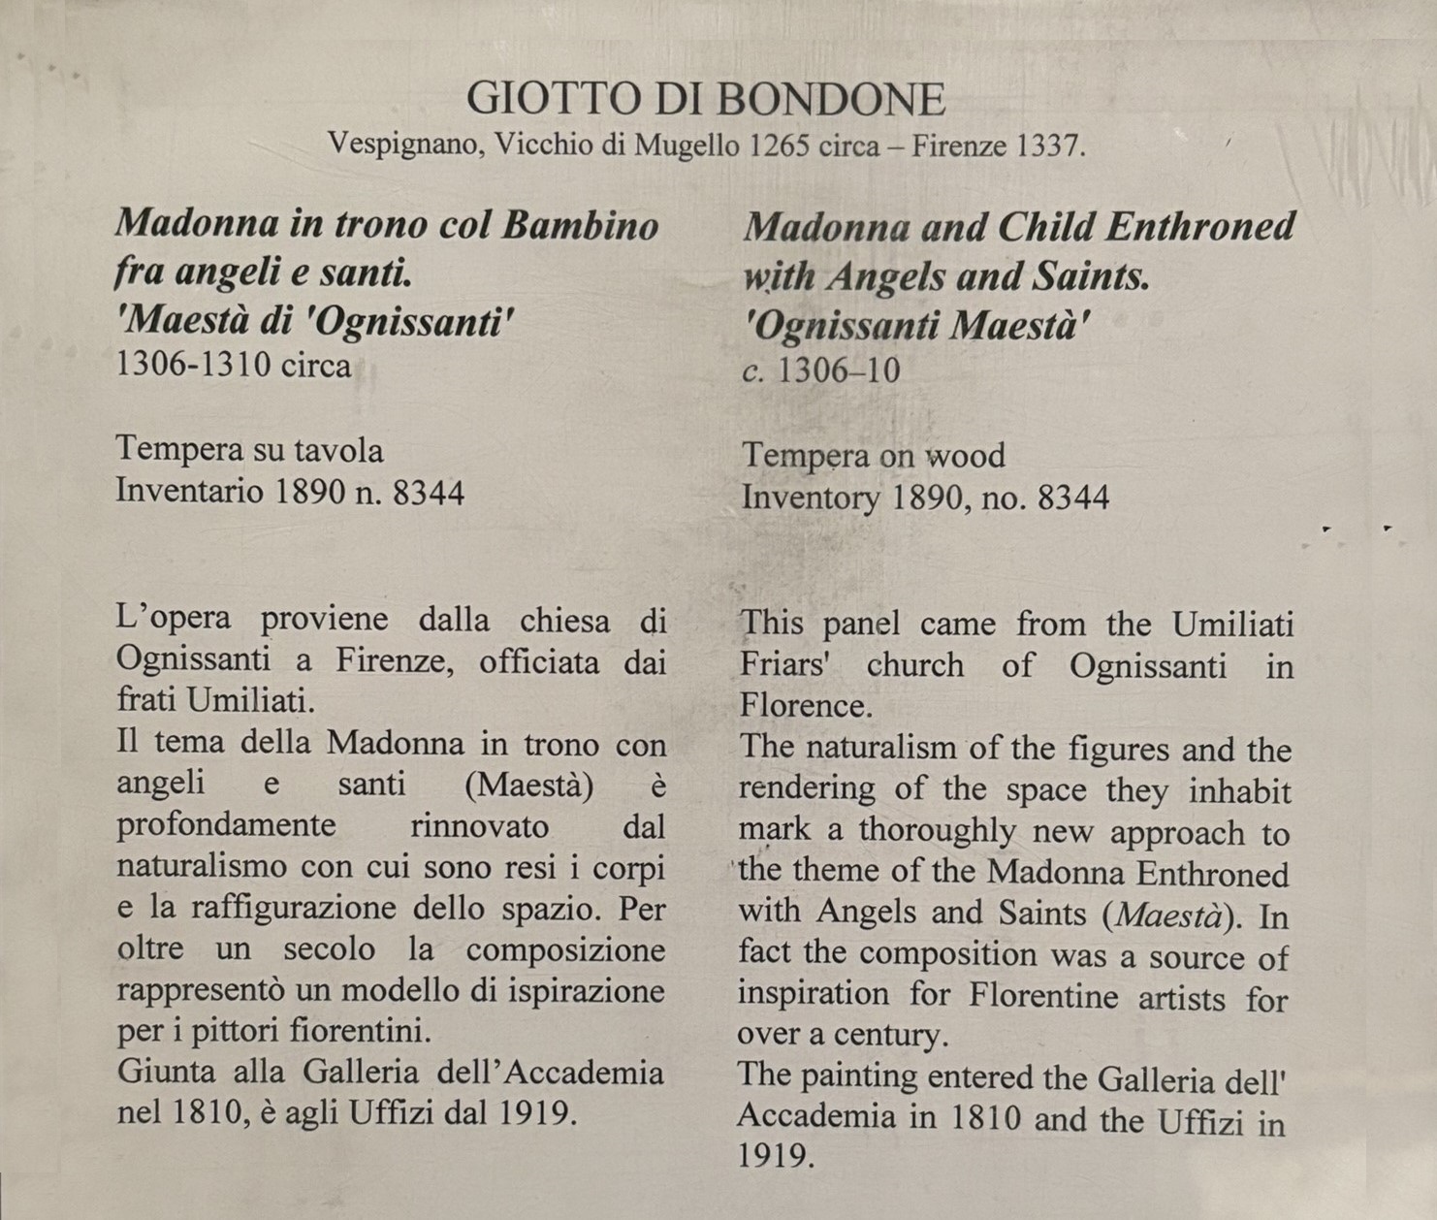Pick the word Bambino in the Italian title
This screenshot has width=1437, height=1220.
tap(580, 224)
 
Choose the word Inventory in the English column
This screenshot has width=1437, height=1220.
tap(811, 498)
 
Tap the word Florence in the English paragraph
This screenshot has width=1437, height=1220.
tap(805, 705)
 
